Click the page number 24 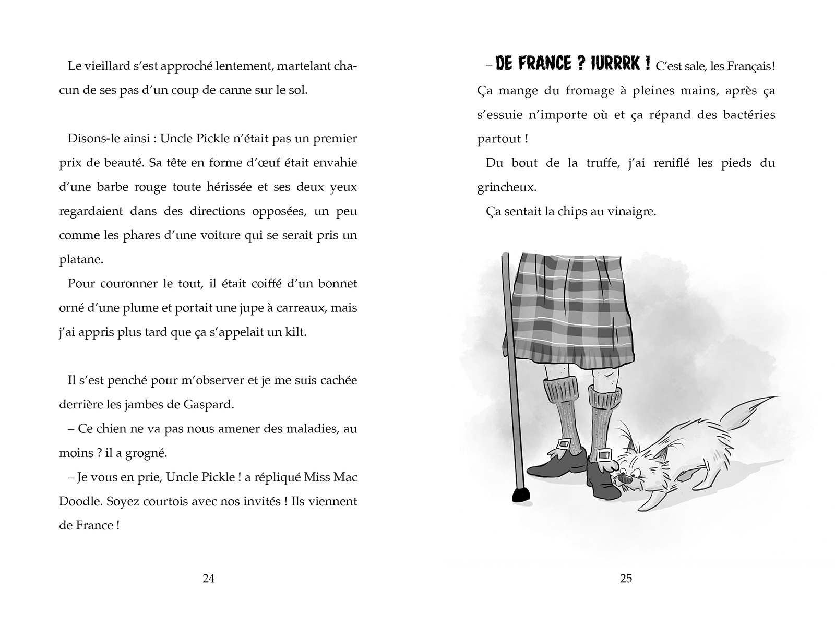coord(208,578)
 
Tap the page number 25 coord(626,578)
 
